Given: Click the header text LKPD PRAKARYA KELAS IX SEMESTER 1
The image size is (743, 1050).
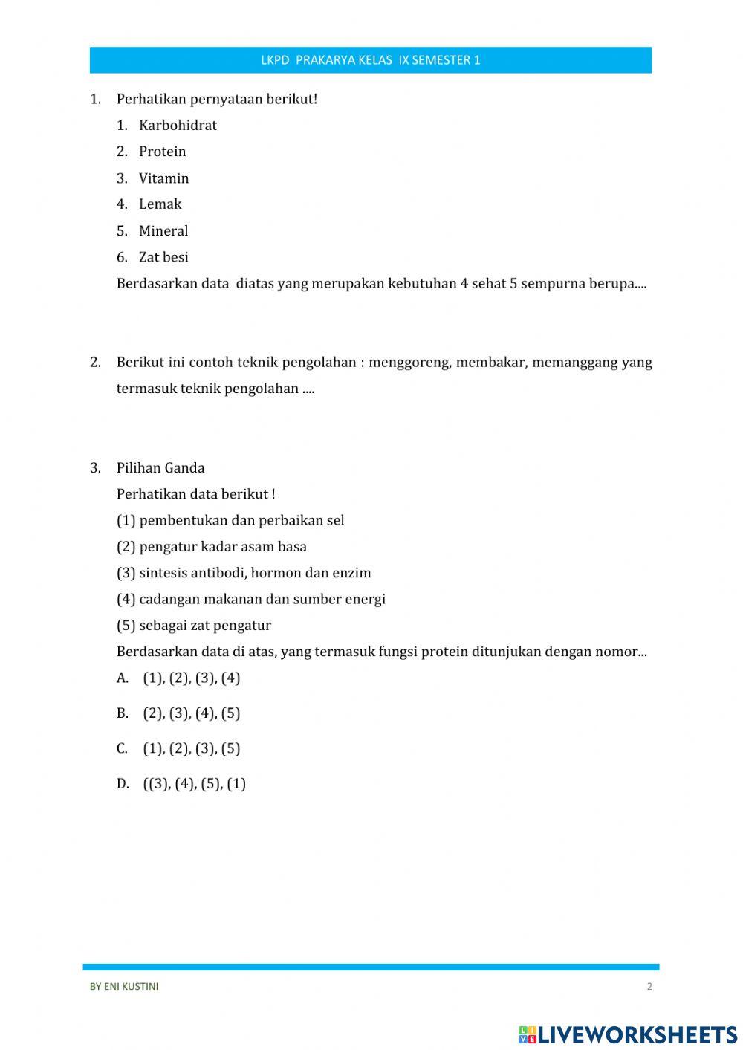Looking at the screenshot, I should [370, 60].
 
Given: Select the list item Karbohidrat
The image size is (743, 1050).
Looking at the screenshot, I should [178, 126].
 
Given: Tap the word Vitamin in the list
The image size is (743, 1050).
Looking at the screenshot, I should [163, 178].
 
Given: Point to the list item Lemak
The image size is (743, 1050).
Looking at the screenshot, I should [160, 204].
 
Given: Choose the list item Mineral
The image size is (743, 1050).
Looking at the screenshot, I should [163, 231].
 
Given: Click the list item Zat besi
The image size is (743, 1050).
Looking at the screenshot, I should [163, 257].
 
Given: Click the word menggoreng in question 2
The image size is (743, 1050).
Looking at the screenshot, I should [409, 363].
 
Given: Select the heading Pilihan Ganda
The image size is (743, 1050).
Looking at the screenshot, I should [160, 468].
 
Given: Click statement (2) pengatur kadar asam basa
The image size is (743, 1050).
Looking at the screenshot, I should [212, 547].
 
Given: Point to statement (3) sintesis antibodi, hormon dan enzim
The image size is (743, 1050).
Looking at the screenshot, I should [244, 573].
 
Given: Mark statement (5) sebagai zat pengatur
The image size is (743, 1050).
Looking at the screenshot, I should [194, 626].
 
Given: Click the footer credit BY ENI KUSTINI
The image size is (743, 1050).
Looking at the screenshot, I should [124, 987].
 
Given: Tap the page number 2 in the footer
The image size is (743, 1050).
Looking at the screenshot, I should [649, 987].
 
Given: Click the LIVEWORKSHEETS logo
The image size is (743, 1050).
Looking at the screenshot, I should [628, 1034].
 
